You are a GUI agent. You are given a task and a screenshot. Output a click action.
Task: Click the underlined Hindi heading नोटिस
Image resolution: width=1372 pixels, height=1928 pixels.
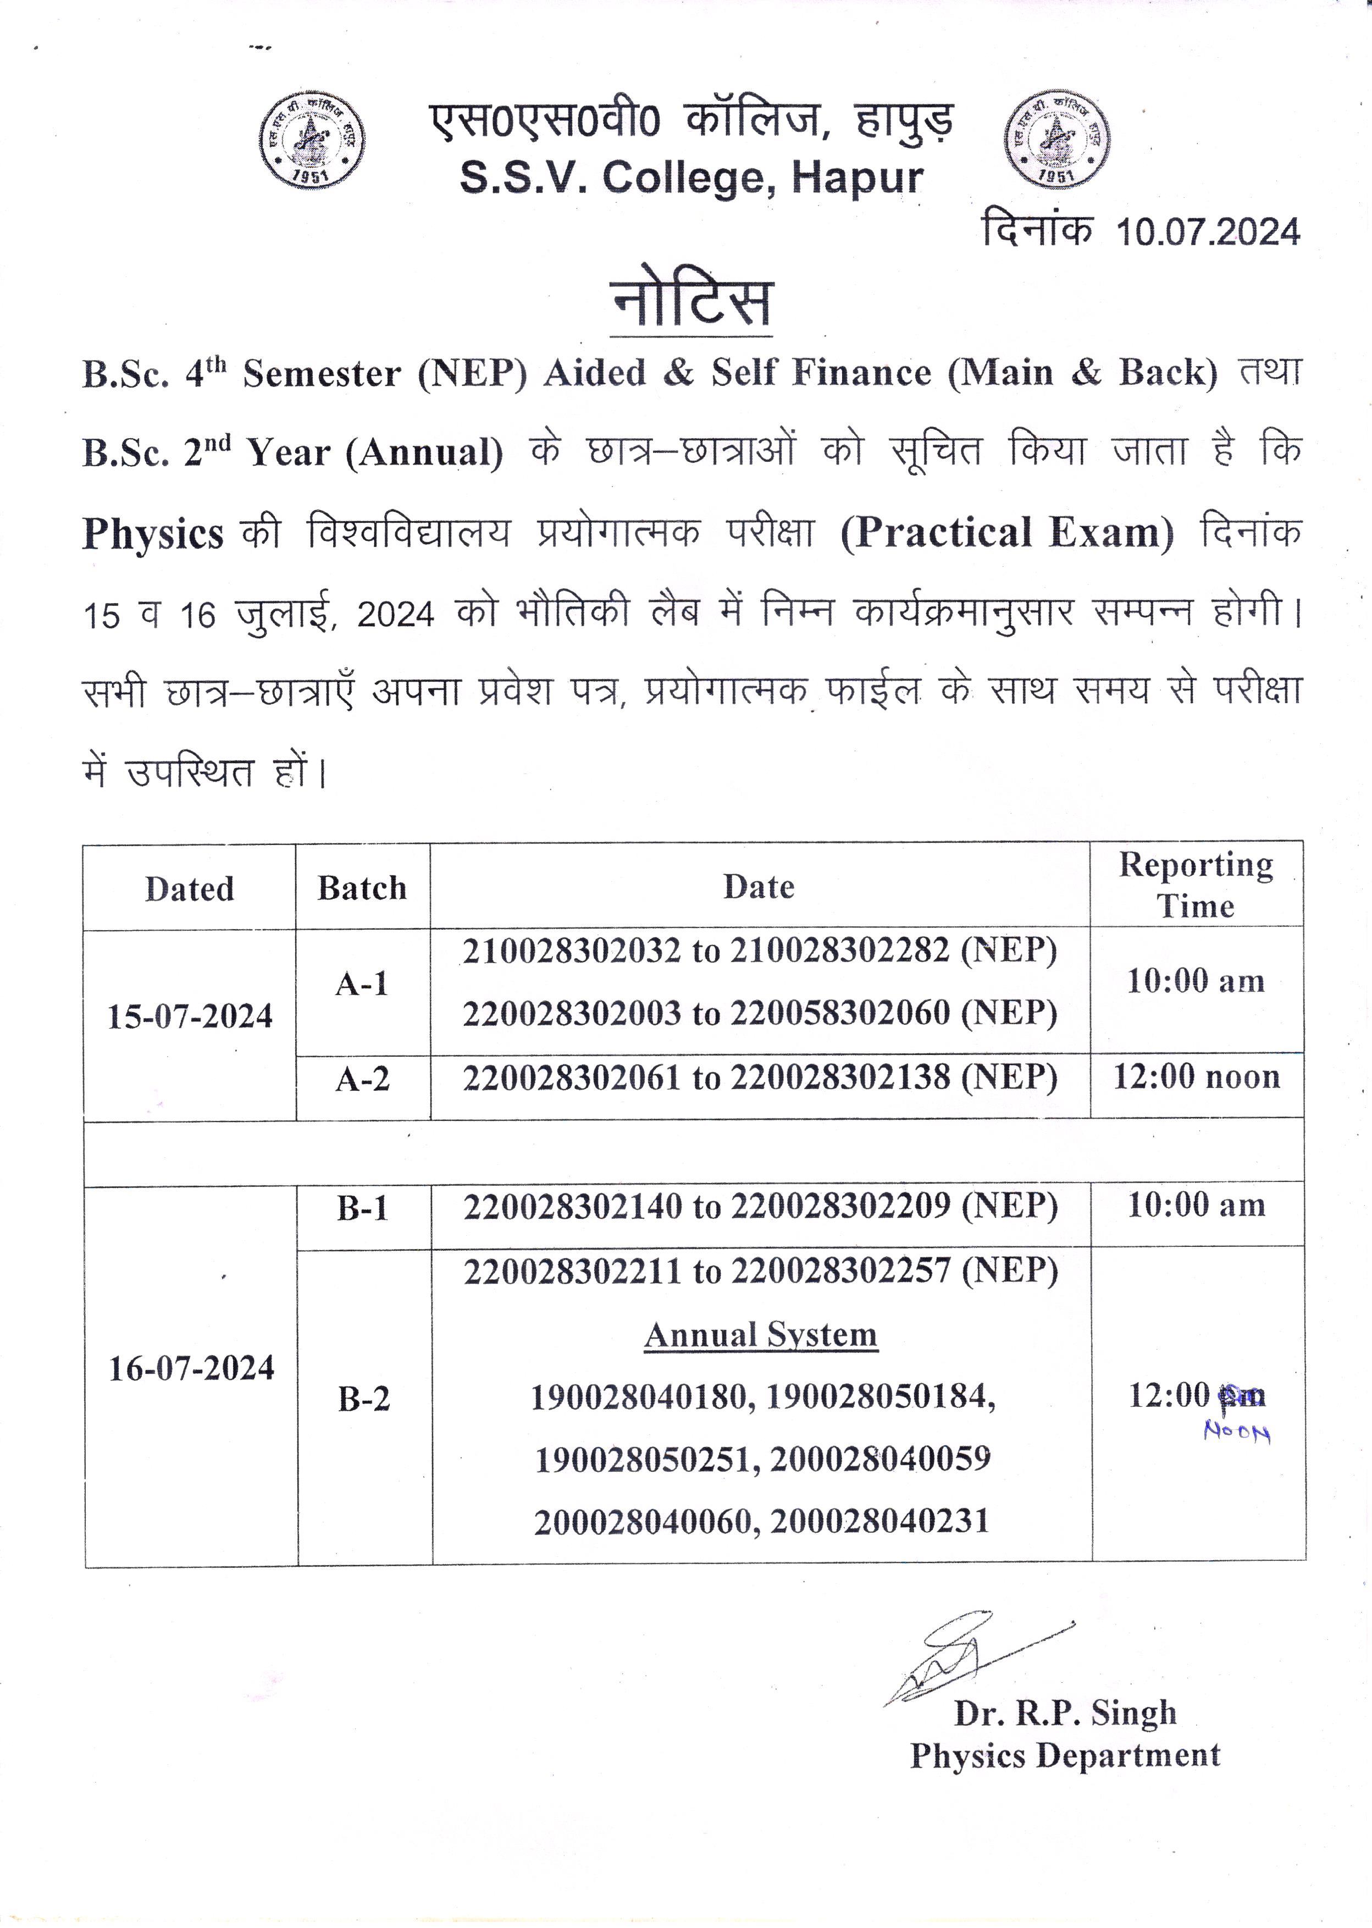point(691,302)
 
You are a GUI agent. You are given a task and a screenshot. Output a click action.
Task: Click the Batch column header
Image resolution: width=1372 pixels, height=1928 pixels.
point(362,888)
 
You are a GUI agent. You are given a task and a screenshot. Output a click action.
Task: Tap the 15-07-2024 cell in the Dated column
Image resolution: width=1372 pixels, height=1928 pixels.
point(190,1017)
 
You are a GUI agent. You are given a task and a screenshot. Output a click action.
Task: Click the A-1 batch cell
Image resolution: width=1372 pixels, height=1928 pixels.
point(362,984)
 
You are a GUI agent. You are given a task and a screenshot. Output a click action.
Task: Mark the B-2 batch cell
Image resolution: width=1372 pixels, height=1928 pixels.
point(364,1399)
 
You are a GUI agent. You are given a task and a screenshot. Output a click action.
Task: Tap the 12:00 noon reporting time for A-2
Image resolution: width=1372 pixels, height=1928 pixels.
point(1196,1076)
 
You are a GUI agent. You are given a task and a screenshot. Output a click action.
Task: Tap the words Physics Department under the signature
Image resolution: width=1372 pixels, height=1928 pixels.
point(1065,1755)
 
